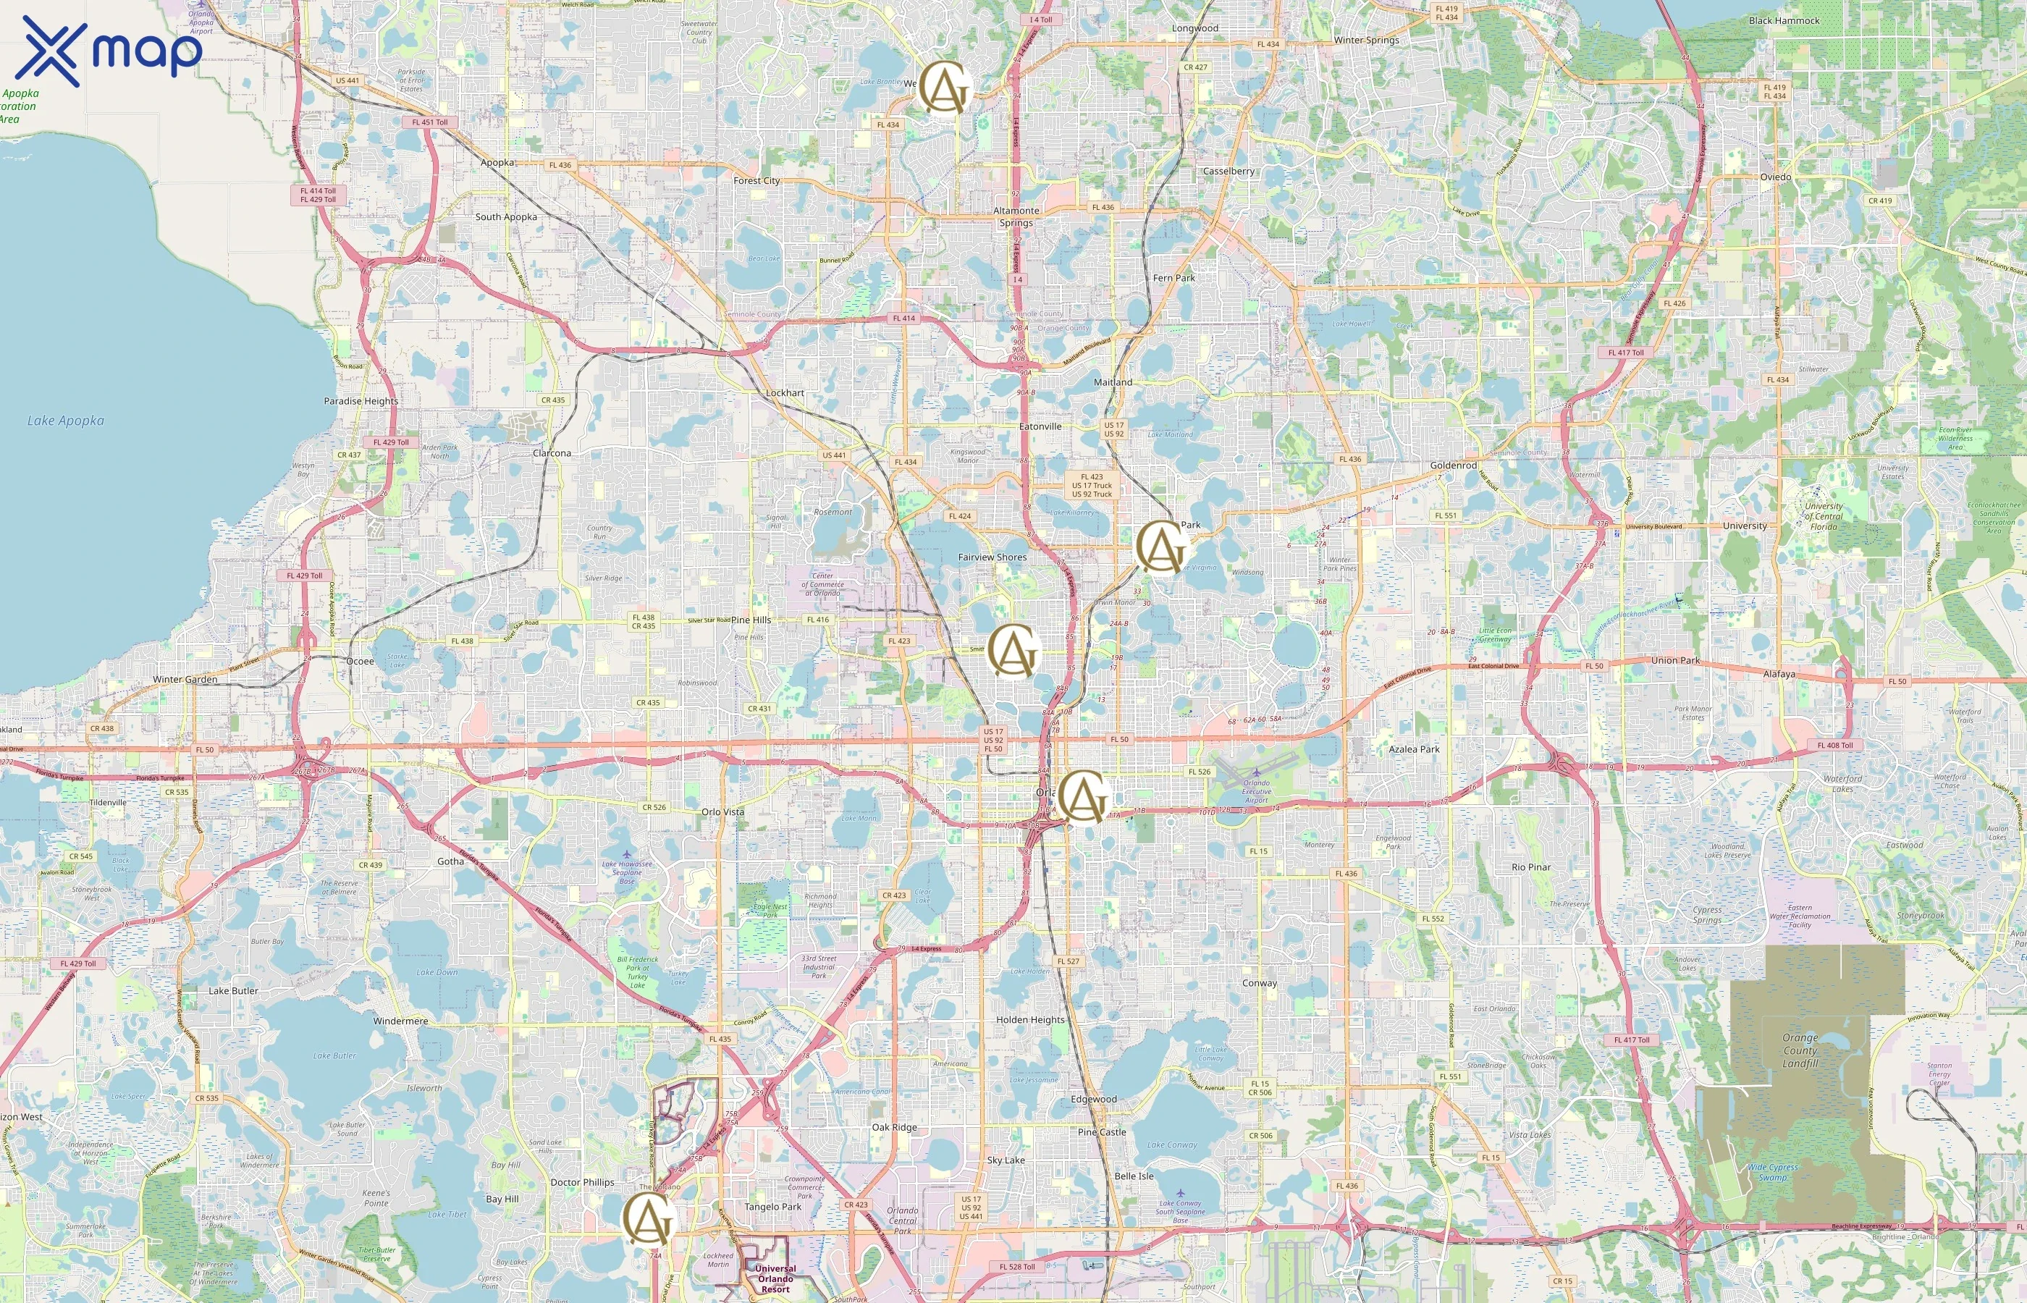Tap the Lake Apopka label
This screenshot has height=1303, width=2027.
point(65,421)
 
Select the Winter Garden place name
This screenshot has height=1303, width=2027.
point(185,680)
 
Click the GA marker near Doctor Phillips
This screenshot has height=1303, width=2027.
point(648,1219)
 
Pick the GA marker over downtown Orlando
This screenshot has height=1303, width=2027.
point(1084,796)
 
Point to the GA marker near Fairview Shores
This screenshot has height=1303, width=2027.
point(1014,651)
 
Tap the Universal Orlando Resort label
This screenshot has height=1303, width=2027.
point(775,1278)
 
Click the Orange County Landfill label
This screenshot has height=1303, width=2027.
point(1800,1050)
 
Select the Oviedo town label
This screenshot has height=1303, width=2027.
point(1775,177)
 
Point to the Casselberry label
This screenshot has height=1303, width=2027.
point(1229,171)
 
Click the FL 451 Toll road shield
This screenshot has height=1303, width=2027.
point(430,122)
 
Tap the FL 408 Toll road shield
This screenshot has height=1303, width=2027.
point(1834,746)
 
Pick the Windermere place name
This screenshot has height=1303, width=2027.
point(400,1021)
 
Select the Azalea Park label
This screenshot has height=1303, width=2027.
point(1414,749)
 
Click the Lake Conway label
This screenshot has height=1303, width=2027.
point(1172,1144)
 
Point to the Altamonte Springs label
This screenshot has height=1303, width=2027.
point(1016,216)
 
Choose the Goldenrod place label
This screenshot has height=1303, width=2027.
point(1453,465)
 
